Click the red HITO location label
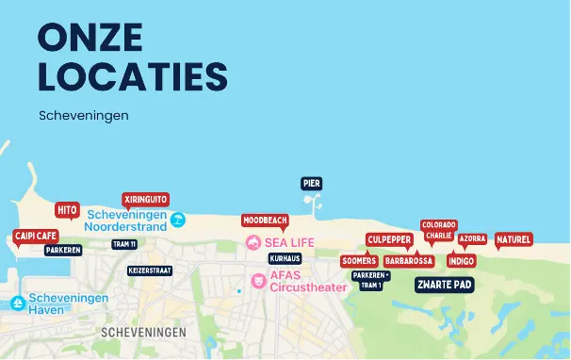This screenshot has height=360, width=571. (x=67, y=209)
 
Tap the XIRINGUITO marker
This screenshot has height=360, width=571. (x=145, y=199)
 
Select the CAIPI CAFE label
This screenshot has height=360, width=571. (x=35, y=236)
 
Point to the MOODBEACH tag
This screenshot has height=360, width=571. (x=265, y=220)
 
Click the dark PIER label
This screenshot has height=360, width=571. (x=312, y=183)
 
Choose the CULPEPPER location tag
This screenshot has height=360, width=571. (x=389, y=239)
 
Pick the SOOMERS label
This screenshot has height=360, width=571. (x=360, y=260)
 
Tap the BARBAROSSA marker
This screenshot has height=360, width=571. (x=409, y=260)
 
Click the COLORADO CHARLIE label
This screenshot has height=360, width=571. (x=438, y=230)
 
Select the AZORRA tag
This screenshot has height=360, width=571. (x=472, y=239)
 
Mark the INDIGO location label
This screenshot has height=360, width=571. (x=461, y=260)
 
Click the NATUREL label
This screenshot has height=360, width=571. (x=514, y=239)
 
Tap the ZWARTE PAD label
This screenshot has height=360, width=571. (x=444, y=284)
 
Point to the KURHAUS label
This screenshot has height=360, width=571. (x=285, y=257)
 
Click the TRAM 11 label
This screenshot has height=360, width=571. (x=124, y=244)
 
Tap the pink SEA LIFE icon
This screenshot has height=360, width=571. (x=253, y=242)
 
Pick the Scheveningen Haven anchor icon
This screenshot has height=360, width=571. (x=17, y=303)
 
